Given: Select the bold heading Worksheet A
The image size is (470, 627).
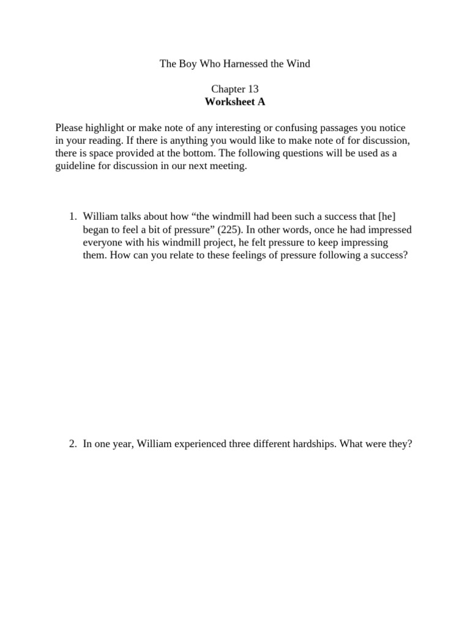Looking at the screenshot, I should click(x=235, y=102).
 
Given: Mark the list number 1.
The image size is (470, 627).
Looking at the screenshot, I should click(x=73, y=217).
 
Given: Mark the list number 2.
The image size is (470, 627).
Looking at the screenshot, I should click(x=73, y=445).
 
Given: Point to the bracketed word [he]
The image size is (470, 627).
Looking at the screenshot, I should click(x=392, y=217).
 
